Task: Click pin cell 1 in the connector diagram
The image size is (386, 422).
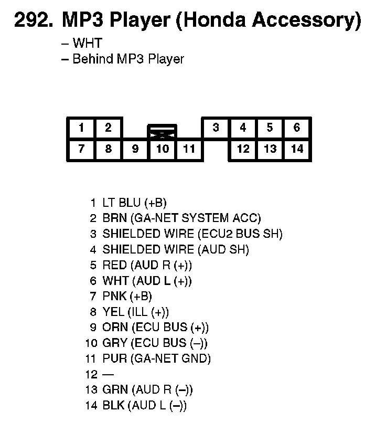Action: (x=81, y=128)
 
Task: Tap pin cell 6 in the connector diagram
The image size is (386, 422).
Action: (x=297, y=128)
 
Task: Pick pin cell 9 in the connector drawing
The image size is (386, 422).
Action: (x=135, y=149)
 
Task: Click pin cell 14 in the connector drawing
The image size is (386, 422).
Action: (x=297, y=149)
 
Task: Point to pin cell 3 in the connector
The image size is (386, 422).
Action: (x=216, y=128)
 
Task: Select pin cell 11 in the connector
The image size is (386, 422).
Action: (x=189, y=149)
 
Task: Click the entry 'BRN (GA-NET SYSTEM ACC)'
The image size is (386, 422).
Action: (x=181, y=218)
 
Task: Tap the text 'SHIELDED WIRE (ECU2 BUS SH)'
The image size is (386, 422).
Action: (x=192, y=234)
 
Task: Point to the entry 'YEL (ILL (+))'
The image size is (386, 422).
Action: (x=135, y=312)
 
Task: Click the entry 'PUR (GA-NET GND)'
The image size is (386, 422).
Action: (x=156, y=359)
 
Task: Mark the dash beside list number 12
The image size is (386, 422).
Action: (x=108, y=375)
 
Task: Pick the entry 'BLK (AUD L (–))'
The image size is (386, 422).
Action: (x=144, y=406)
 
